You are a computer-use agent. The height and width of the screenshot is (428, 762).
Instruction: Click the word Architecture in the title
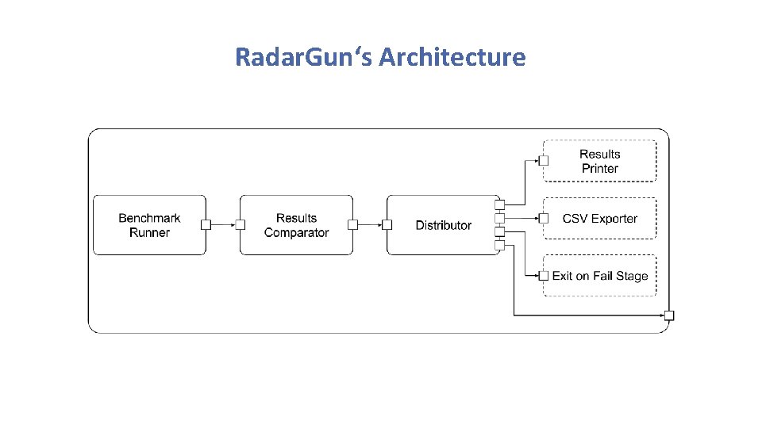pyautogui.click(x=452, y=57)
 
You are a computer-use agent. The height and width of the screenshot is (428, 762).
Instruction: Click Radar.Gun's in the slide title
pyautogui.click(x=305, y=57)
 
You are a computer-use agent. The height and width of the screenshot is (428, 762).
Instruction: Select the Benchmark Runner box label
pyautogui.click(x=149, y=225)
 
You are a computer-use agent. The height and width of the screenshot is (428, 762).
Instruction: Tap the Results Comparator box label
pyautogui.click(x=296, y=225)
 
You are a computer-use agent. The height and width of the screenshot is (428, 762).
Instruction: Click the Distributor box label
pyautogui.click(x=443, y=226)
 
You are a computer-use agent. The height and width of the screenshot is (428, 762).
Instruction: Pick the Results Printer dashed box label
pyautogui.click(x=599, y=161)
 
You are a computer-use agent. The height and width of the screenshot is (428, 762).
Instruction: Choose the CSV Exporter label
pyautogui.click(x=599, y=219)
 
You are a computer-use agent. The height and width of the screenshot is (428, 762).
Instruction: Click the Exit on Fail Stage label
pyautogui.click(x=599, y=276)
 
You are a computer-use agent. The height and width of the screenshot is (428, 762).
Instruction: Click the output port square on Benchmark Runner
pyautogui.click(x=206, y=225)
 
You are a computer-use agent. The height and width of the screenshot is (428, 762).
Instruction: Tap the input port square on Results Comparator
pyautogui.click(x=240, y=225)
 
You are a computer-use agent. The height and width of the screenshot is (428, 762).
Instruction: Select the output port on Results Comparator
pyautogui.click(x=352, y=225)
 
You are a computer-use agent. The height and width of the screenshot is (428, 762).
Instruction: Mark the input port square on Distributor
pyautogui.click(x=387, y=225)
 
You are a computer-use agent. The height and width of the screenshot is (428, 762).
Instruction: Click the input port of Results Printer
pyautogui.click(x=544, y=160)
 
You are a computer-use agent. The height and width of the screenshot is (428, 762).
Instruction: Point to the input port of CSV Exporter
pyautogui.click(x=544, y=218)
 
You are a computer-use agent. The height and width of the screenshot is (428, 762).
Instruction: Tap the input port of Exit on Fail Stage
pyautogui.click(x=544, y=276)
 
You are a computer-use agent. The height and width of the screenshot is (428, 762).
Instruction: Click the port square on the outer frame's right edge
pyautogui.click(x=669, y=315)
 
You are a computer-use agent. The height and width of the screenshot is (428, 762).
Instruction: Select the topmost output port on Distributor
pyautogui.click(x=500, y=204)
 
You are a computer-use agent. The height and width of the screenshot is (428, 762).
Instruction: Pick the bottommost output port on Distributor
pyautogui.click(x=500, y=245)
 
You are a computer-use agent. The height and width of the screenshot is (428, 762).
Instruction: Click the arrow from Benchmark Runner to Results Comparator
pyautogui.click(x=223, y=225)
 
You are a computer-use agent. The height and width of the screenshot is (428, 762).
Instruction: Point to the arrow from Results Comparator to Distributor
pyautogui.click(x=370, y=225)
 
